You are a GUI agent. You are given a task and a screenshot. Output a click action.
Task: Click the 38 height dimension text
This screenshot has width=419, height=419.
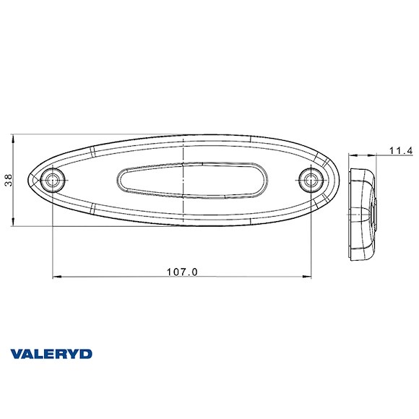point(8,180)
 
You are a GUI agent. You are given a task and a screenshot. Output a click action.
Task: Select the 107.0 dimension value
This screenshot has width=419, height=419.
point(182,272)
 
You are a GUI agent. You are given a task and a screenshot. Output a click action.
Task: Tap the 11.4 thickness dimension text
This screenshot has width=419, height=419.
point(399,150)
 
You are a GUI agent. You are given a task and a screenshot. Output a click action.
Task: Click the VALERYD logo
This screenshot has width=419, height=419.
point(51,353)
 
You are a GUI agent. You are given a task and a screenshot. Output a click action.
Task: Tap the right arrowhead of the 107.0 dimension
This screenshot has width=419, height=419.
point(307,277)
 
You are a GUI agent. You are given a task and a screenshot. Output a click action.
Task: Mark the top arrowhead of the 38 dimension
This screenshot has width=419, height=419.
point(14,138)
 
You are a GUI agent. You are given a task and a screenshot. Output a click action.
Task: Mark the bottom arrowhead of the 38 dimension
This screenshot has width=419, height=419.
point(14,221)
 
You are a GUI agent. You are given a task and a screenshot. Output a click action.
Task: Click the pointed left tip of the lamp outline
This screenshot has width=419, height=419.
point(30,178)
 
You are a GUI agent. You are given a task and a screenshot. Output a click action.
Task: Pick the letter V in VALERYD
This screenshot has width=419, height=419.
point(16,353)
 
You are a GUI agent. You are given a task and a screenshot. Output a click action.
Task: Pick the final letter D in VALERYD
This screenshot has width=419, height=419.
point(86,353)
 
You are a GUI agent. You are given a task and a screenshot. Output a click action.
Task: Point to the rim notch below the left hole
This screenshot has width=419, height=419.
point(95,209)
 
